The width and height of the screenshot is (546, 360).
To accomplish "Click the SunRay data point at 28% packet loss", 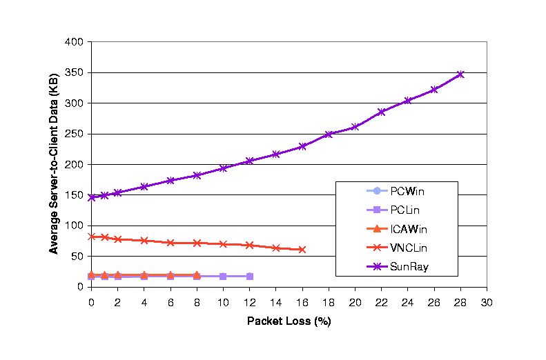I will coord(460,74).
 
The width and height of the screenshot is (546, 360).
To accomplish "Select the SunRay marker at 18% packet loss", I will coord(329,134).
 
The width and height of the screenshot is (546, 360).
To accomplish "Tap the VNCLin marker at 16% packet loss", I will coord(302,249).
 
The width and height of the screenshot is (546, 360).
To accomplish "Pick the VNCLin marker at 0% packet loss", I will coord(91,237).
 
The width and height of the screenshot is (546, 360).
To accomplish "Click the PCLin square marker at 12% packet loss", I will coord(249,276).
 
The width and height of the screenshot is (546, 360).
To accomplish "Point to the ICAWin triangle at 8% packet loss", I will coord(197,274).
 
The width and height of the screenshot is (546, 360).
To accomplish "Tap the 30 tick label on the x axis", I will coord(487,302).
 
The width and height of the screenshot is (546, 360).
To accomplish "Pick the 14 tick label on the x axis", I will coord(275,302).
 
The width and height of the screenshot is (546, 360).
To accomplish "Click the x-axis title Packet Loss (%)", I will coord(289,321).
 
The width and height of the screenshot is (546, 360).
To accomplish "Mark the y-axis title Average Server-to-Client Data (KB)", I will coord(54,164).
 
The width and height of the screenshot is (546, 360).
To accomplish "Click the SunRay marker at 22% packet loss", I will coord(381,112).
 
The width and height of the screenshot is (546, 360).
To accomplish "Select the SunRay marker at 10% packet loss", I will coord(223,168).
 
